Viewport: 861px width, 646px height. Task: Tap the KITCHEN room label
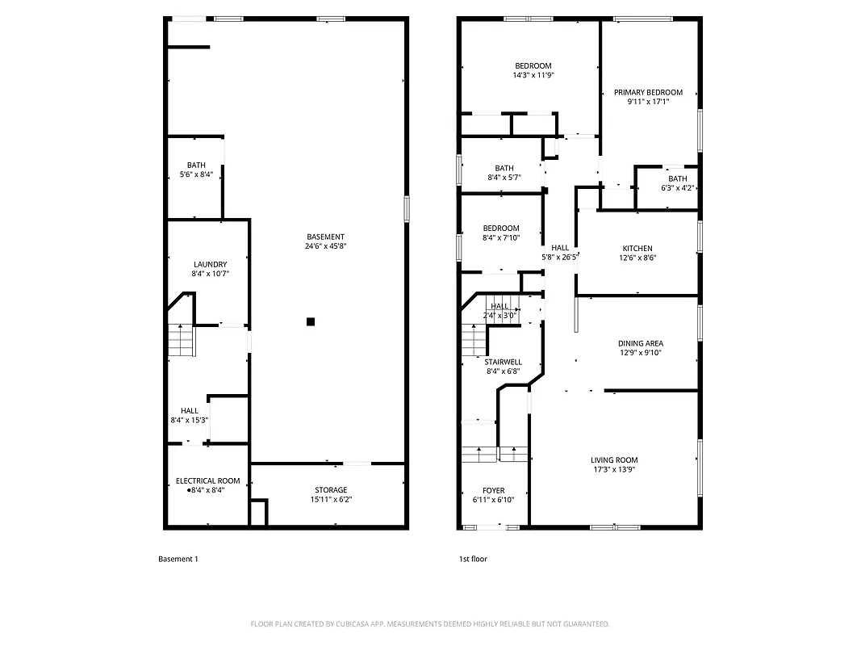(x=637, y=248)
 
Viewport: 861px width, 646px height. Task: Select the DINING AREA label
(x=641, y=343)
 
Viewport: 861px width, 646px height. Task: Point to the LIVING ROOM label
(x=614, y=460)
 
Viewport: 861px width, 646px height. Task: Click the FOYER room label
(x=493, y=490)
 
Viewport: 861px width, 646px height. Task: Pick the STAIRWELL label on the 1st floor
(x=503, y=362)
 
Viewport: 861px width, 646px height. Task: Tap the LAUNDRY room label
(x=210, y=264)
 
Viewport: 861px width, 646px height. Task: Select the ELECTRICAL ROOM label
(x=207, y=480)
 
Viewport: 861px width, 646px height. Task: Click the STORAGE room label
(x=331, y=489)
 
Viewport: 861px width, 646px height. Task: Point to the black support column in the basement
(x=310, y=321)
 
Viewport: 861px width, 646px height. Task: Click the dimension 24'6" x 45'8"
(x=325, y=246)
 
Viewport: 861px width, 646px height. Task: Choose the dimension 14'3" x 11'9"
(x=533, y=75)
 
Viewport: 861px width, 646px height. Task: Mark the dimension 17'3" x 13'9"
(x=614, y=469)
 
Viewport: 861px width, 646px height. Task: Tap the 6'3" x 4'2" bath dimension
(x=677, y=188)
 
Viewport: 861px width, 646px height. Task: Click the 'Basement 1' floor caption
(x=178, y=559)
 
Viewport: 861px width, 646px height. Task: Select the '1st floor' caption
(x=473, y=559)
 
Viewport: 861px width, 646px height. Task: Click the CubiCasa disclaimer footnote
(x=430, y=624)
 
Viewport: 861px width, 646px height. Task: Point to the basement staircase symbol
(x=182, y=341)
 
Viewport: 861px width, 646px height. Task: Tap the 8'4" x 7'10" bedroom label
(x=501, y=237)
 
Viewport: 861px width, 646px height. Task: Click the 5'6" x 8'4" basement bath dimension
(x=196, y=174)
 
